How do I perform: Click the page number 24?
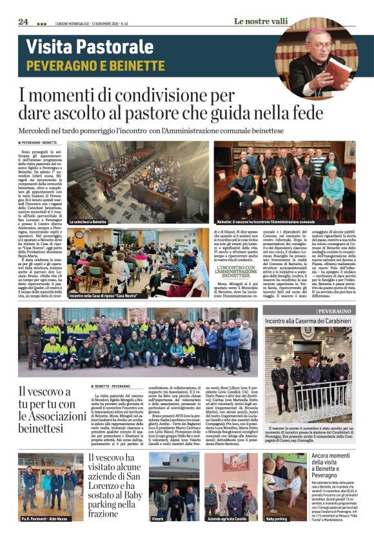point(23,21)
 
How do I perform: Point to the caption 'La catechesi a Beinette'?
point(88,221)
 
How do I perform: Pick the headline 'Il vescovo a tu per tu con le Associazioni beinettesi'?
point(48,410)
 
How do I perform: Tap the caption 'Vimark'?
point(157,518)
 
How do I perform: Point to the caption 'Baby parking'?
point(276,518)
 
